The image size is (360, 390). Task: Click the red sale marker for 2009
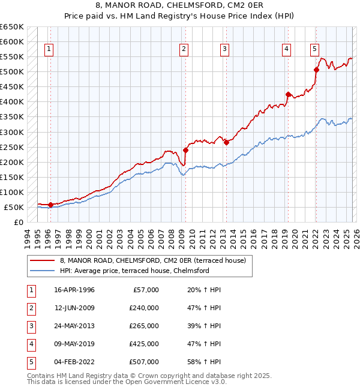coord(185,150)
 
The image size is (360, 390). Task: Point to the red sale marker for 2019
coord(288,94)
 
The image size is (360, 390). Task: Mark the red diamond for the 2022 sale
coord(316,70)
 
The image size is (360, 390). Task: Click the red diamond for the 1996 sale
coord(50,205)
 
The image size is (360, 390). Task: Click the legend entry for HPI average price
coord(134,271)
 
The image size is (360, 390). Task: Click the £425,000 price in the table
coord(143,344)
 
